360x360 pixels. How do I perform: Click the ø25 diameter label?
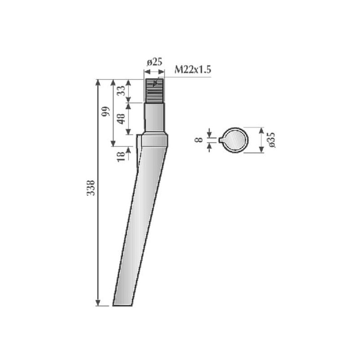[154, 62]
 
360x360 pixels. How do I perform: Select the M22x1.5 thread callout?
[193, 69]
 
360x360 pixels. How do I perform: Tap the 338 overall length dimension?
[91, 188]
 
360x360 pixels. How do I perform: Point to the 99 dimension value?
[106, 111]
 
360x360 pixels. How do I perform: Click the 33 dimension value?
[121, 90]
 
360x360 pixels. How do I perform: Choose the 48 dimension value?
[121, 119]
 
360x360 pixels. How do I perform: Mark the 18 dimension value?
[121, 157]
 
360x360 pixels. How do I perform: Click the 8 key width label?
[198, 139]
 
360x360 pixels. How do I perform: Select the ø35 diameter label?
[271, 140]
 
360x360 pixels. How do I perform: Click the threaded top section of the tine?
[154, 90]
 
